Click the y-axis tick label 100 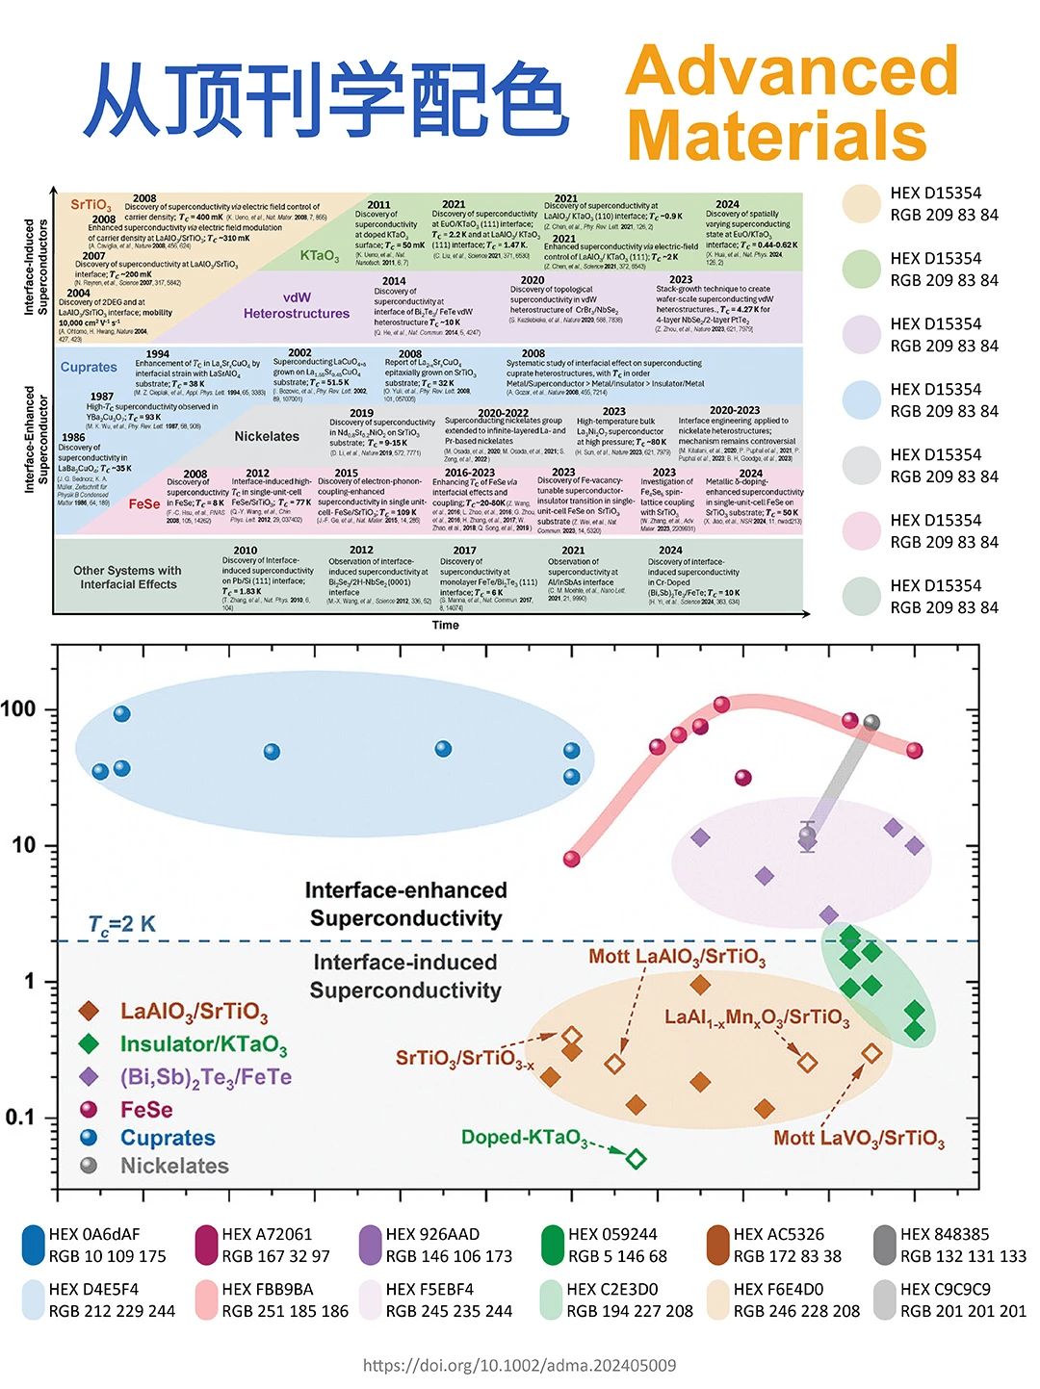18,709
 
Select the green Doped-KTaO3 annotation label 525,1138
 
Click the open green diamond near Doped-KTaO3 636,1158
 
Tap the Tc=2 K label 122,925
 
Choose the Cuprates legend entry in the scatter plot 167,1138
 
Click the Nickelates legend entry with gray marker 173,1166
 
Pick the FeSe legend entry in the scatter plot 146,1110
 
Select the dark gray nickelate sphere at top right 871,722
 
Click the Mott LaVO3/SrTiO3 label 859,1139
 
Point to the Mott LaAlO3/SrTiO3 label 677,957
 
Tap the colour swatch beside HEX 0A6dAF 34,1245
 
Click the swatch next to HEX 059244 552,1245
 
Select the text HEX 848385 945,1234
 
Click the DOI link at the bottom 519,1365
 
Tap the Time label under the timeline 445,625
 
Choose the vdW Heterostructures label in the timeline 297,305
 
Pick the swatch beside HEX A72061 207,1245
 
